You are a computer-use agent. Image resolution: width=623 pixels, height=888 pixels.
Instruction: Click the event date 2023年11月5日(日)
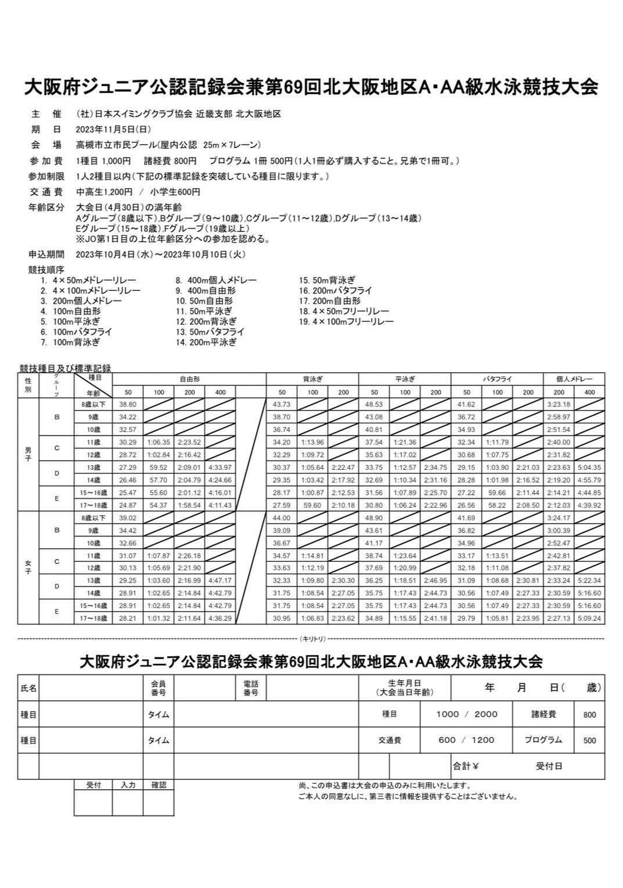click(113, 130)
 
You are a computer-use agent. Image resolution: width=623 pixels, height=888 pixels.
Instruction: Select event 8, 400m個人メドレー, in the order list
click(216, 280)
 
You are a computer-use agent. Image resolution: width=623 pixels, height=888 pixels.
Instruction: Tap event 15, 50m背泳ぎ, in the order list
click(327, 280)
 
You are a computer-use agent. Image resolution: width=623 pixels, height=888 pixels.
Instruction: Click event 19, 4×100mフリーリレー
click(347, 322)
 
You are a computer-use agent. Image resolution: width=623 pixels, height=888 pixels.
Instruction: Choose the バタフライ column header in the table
click(497, 379)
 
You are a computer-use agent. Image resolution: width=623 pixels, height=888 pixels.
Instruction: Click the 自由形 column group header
click(189, 379)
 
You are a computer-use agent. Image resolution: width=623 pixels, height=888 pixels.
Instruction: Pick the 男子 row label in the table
click(28, 454)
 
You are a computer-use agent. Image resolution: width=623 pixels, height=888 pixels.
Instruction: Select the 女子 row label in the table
click(28, 567)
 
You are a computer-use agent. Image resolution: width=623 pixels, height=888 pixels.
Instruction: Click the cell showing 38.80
click(127, 404)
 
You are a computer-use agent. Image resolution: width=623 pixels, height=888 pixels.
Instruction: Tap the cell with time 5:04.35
click(589, 468)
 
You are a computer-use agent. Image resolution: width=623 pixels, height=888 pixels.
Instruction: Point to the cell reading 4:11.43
click(220, 505)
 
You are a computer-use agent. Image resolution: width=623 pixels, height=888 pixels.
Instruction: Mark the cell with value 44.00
click(281, 518)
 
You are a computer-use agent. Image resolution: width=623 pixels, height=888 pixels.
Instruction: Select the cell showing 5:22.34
click(589, 581)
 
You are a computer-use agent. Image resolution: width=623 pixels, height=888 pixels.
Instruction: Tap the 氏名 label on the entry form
click(28, 688)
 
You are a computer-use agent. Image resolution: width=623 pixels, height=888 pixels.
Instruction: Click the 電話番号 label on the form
click(251, 688)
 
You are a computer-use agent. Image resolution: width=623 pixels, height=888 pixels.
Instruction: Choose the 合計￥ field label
click(466, 766)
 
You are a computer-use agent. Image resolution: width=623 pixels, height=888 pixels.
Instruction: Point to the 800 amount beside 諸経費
click(589, 715)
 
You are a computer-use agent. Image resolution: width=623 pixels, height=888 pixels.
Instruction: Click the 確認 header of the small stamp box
click(159, 785)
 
